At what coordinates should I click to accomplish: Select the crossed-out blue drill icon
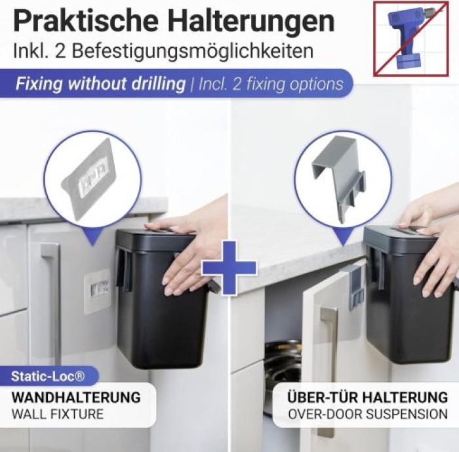tap(411, 39)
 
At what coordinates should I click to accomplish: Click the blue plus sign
tap(229, 267)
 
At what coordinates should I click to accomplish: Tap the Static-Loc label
tap(48, 376)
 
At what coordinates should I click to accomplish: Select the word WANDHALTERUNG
tap(76, 398)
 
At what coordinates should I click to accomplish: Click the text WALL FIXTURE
tap(58, 414)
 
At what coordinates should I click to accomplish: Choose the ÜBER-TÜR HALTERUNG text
tap(368, 398)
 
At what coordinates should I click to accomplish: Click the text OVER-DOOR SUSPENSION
tap(368, 414)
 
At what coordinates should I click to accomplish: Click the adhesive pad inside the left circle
tap(89, 178)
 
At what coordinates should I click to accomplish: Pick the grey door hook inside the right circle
tap(339, 179)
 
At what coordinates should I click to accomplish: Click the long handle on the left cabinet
tap(52, 301)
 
